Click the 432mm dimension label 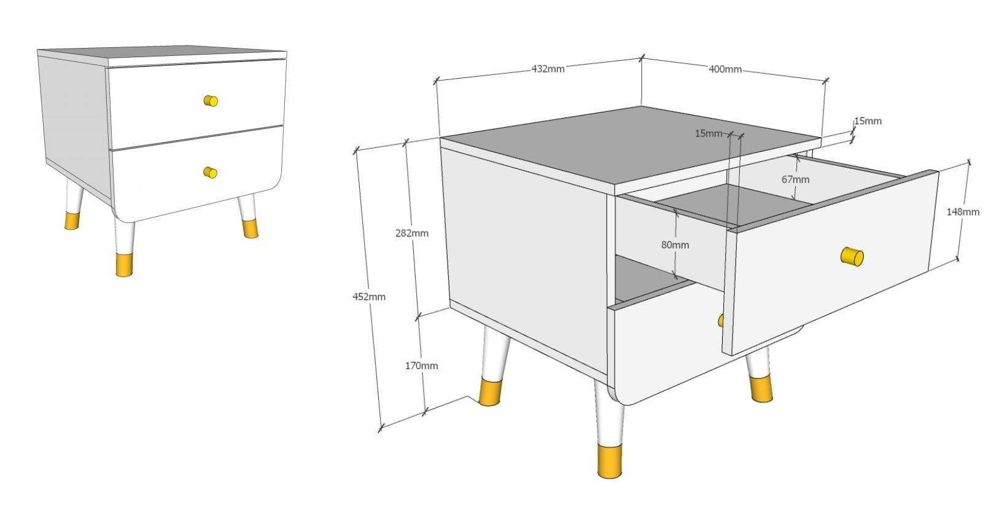click(x=548, y=69)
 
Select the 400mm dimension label click(x=725, y=69)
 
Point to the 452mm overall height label click(x=369, y=296)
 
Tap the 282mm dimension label click(x=411, y=233)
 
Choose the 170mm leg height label click(x=421, y=366)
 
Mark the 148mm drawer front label click(x=963, y=211)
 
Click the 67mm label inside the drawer click(x=795, y=179)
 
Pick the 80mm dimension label click(x=675, y=245)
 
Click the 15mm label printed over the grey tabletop click(x=709, y=133)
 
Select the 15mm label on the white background click(x=868, y=121)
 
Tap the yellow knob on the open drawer click(x=852, y=257)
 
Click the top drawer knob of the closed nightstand click(x=211, y=101)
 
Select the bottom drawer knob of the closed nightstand click(x=210, y=172)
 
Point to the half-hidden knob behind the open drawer click(x=720, y=321)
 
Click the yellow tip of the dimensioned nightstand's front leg click(x=610, y=462)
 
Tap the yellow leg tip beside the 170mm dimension click(x=490, y=392)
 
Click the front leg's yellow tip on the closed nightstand click(x=125, y=265)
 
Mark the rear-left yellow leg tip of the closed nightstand click(x=72, y=221)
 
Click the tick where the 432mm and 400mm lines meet click(x=641, y=58)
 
